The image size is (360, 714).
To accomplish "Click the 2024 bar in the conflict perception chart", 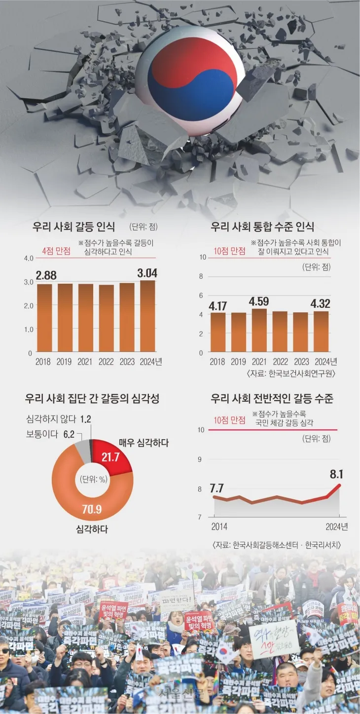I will coord(147,316).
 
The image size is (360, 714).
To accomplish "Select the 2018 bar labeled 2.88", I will coord(44,318).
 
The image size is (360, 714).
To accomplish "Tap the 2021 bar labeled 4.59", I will coord(259,331).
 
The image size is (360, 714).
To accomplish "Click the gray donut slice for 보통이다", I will coord(82,450).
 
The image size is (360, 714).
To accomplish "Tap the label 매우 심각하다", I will coord(144,443).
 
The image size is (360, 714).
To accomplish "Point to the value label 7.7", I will coord(216,489).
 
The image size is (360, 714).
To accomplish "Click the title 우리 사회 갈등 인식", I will coord(73,227).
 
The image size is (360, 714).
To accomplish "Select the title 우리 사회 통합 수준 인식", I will coord(262,227).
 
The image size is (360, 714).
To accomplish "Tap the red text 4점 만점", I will coord(56,251).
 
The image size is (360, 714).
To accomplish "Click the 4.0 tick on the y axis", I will coord(28,258).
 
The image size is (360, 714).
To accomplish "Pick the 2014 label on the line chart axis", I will coord(219,526).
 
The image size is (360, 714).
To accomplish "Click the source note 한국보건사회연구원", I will coord(302,374).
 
